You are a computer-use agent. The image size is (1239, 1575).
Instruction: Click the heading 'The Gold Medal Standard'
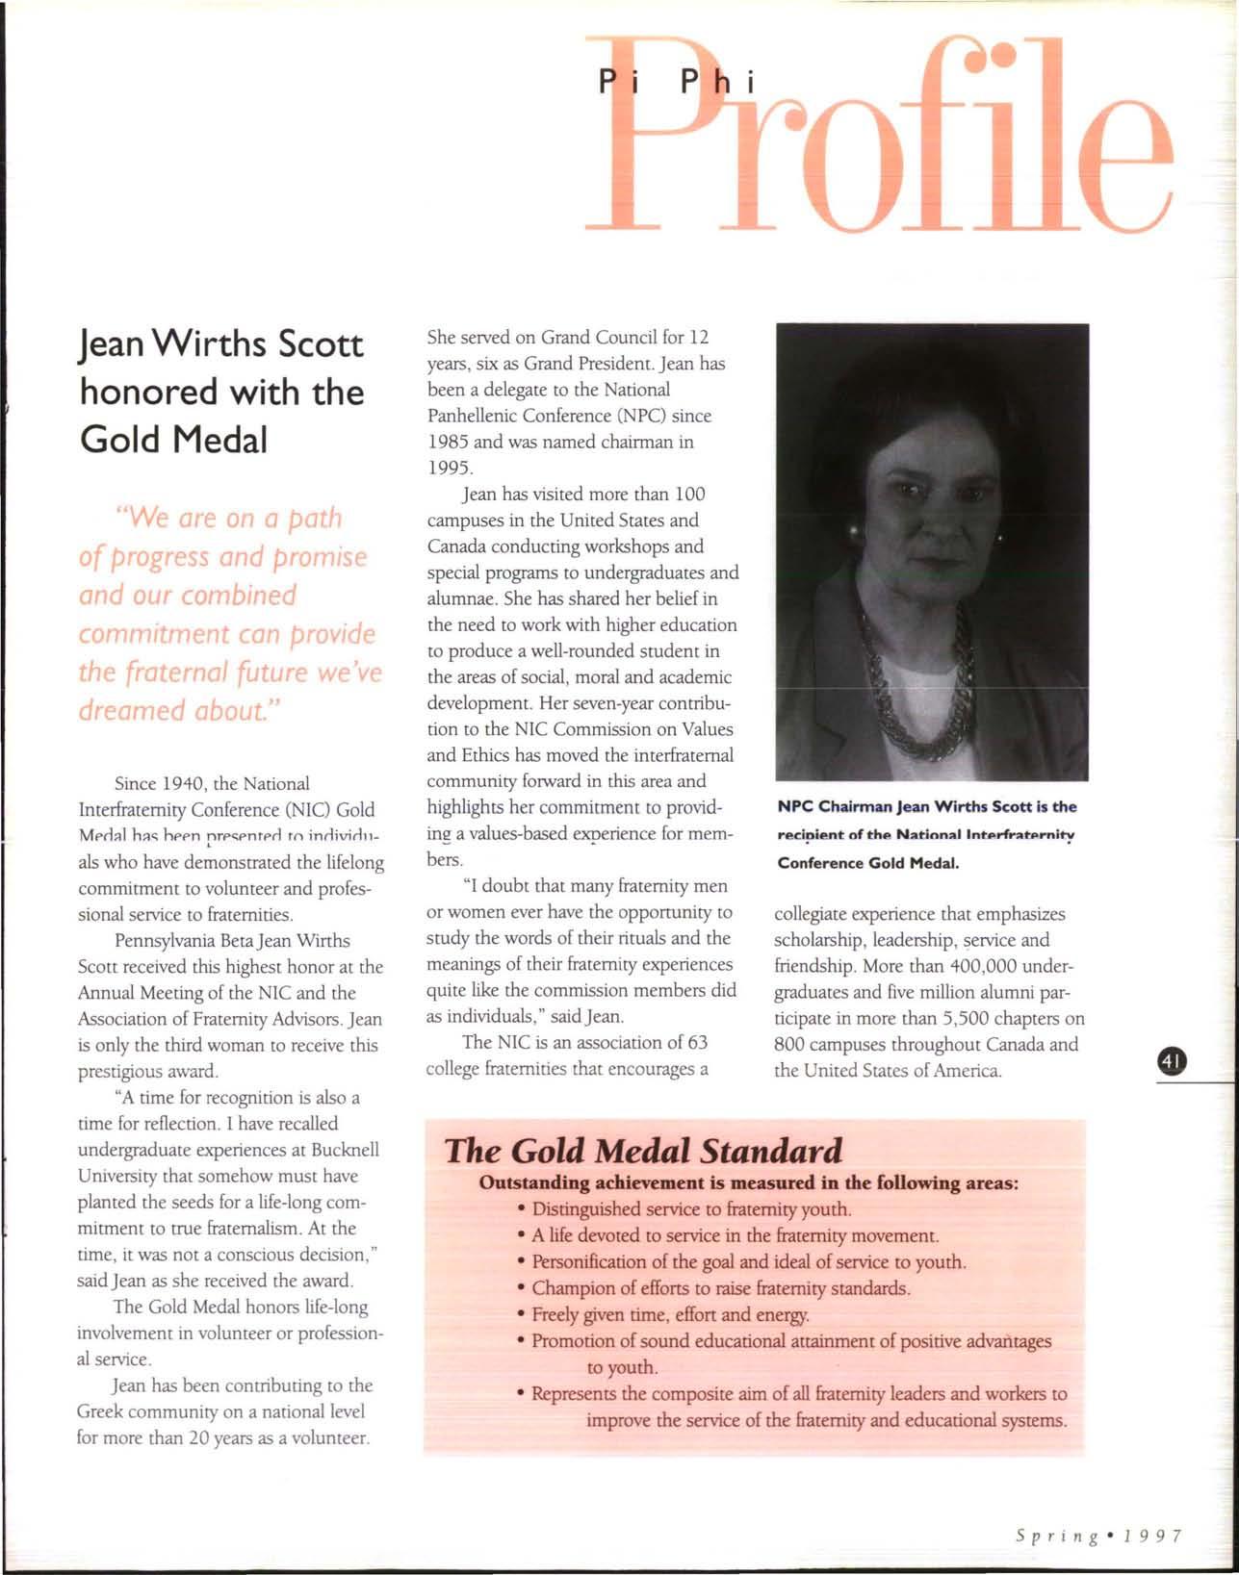643,1151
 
